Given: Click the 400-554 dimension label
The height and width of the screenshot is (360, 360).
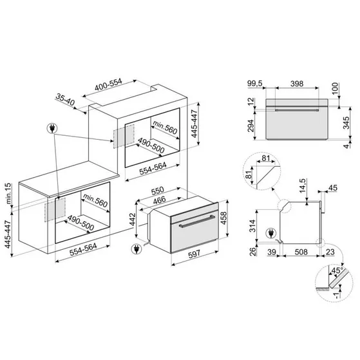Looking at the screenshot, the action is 108,84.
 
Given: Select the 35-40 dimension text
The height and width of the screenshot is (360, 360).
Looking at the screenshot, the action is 65,100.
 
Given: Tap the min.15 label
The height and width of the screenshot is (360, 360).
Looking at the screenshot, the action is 8,193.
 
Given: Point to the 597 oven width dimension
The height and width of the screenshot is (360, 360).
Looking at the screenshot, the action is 194,254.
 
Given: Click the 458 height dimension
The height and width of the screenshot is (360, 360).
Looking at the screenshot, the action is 223,218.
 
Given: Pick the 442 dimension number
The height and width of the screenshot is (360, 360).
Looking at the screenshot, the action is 132,220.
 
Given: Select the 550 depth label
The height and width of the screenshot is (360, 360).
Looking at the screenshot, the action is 158,191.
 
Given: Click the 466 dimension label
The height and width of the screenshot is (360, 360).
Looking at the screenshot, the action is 159,200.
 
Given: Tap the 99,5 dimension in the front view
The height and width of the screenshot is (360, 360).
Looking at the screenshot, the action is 254,84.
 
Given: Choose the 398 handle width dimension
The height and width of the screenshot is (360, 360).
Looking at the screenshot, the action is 297,84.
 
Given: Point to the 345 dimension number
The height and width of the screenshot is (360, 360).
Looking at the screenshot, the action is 346,123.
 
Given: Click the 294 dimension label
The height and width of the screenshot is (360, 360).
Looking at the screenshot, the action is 251,126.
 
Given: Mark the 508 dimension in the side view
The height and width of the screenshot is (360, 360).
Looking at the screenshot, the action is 301,252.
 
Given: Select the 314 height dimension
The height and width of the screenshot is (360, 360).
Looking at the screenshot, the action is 252,226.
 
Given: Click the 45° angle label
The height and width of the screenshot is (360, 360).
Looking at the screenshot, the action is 337,270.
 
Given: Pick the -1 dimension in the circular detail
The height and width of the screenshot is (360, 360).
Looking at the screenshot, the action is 336,295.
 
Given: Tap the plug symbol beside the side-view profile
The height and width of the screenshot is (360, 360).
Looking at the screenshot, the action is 270,234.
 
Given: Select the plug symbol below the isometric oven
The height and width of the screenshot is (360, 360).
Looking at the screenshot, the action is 136,249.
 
